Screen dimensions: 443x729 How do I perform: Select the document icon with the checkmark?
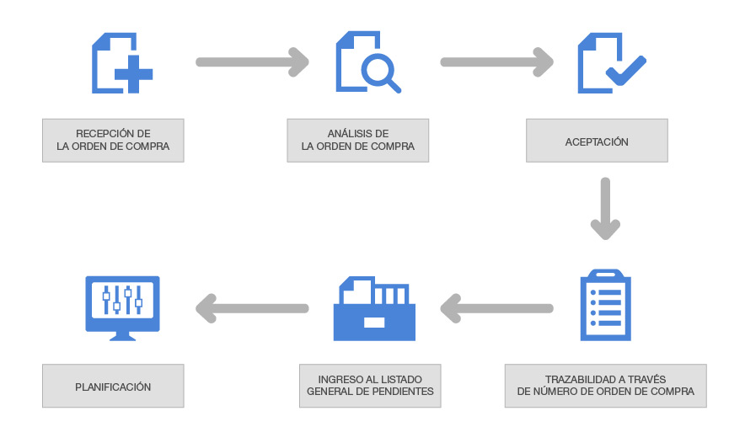(x=608, y=62)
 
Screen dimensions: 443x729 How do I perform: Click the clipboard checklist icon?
(x=605, y=305)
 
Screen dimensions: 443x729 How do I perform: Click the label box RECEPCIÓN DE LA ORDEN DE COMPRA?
(x=113, y=140)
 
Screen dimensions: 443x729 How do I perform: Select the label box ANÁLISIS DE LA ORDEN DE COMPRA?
(x=357, y=140)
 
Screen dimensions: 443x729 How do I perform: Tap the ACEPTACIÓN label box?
(x=597, y=141)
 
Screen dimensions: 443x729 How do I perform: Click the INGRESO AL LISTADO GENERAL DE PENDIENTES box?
(x=370, y=386)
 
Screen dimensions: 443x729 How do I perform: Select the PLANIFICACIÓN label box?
(x=113, y=387)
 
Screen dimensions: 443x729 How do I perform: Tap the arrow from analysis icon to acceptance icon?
(x=496, y=61)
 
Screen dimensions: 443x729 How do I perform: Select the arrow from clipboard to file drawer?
(x=496, y=308)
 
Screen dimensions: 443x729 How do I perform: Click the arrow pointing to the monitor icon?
(x=252, y=308)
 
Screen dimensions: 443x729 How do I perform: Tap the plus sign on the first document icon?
(x=134, y=75)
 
